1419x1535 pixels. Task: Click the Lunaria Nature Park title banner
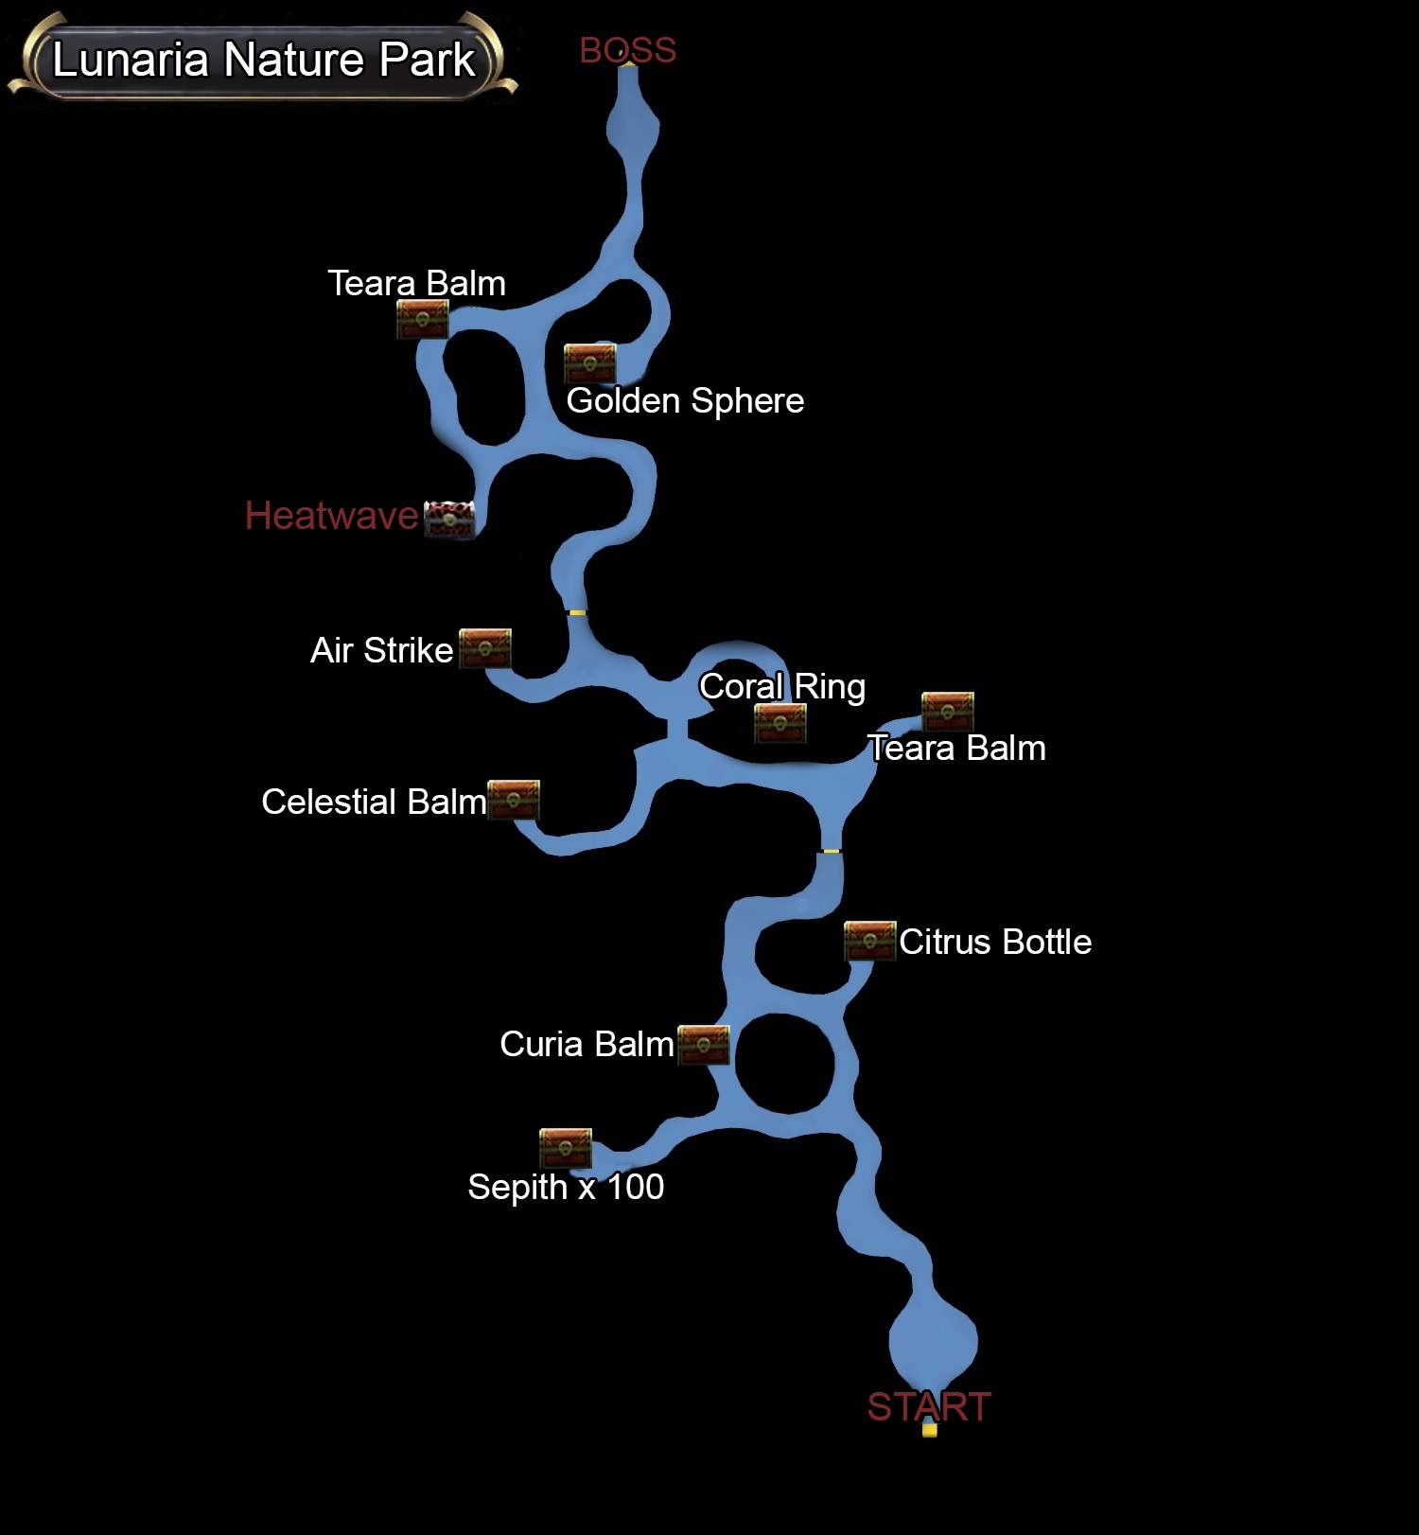(263, 60)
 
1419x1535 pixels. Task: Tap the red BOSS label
(627, 50)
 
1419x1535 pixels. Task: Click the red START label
(928, 1406)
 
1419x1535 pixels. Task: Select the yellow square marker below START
(930, 1430)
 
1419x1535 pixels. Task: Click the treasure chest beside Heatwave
(449, 519)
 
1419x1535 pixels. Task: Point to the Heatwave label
(331, 516)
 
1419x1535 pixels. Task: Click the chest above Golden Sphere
(589, 363)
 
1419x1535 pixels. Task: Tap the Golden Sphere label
(685, 400)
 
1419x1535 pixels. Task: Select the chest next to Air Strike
(485, 648)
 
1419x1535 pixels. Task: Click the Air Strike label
(382, 650)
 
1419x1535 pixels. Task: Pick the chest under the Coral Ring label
(780, 723)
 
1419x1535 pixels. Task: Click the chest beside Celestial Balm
(514, 800)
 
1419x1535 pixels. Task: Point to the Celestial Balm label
(374, 802)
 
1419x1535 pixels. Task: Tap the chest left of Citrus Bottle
(869, 941)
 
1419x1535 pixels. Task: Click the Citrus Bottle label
(995, 942)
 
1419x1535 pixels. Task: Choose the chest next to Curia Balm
(704, 1045)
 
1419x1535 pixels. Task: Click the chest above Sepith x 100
(566, 1148)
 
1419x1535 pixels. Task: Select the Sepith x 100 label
(566, 1187)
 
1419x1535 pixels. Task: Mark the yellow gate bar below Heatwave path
(577, 612)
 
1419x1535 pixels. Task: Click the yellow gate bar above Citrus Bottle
(831, 851)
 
